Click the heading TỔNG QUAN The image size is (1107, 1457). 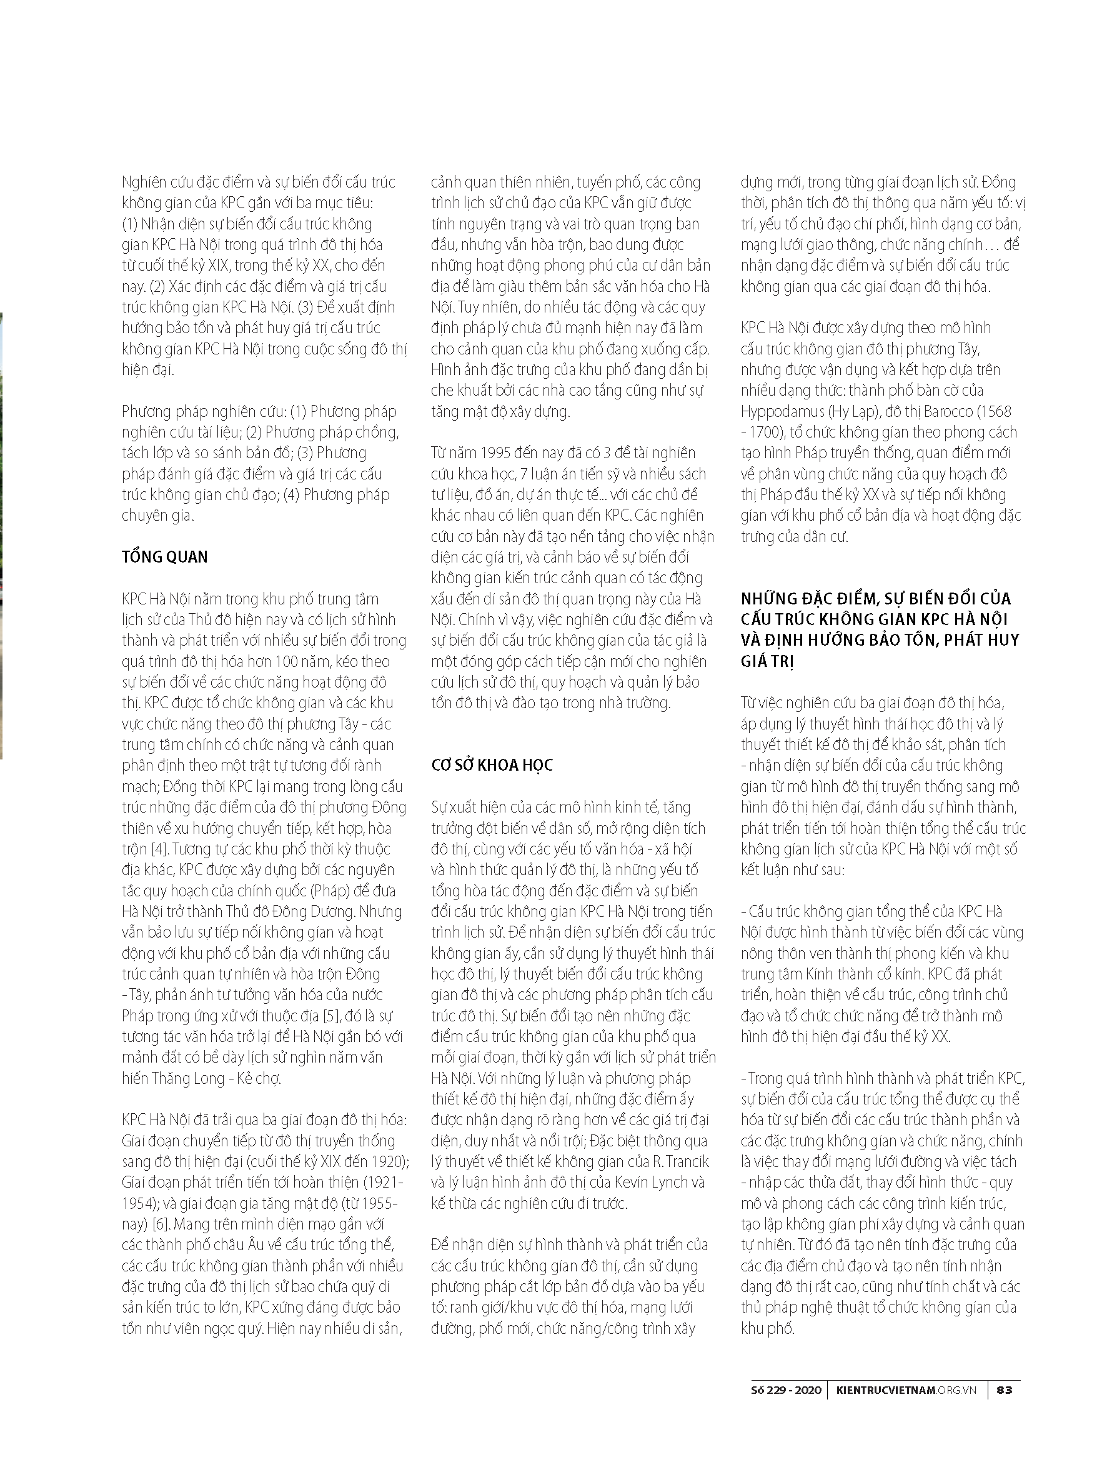[x=165, y=557]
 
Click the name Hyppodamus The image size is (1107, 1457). [x=783, y=411]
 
